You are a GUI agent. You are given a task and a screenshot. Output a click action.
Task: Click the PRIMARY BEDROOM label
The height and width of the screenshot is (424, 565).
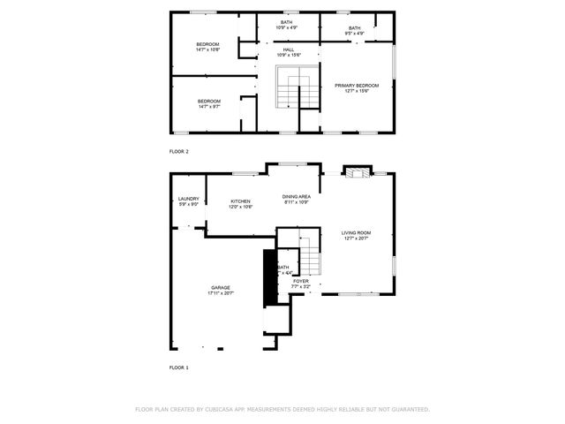click(x=356, y=86)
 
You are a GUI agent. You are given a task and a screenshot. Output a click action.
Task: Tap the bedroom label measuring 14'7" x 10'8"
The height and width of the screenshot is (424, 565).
click(x=207, y=44)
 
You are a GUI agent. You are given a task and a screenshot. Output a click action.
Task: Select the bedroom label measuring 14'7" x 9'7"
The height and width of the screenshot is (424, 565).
click(x=208, y=102)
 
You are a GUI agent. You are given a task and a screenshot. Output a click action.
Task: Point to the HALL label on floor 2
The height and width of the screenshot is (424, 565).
click(x=288, y=50)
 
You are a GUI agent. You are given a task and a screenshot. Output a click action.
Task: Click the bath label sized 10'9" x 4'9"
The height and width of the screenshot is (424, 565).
click(x=287, y=22)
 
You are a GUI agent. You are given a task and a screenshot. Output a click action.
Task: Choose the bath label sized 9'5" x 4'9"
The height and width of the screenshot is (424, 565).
click(x=354, y=28)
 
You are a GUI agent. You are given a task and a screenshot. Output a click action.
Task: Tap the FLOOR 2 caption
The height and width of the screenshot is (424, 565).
click(x=179, y=151)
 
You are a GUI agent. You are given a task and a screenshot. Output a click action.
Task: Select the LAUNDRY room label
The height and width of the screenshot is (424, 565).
click(x=188, y=200)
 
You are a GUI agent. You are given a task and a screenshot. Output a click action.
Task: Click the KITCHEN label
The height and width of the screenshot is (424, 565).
click(x=240, y=201)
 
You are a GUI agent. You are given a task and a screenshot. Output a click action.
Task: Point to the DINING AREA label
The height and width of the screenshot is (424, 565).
click(x=296, y=196)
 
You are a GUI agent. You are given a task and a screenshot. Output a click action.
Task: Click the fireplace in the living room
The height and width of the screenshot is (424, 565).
click(x=357, y=171)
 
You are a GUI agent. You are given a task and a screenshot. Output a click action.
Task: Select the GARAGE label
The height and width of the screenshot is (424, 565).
click(x=220, y=287)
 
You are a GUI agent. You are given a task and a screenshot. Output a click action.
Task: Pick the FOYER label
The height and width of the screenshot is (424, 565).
click(x=301, y=281)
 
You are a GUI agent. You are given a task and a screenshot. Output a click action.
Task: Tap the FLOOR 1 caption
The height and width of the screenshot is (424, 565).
click(x=179, y=367)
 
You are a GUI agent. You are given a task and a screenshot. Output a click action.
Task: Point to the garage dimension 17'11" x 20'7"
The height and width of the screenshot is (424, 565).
click(x=220, y=292)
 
